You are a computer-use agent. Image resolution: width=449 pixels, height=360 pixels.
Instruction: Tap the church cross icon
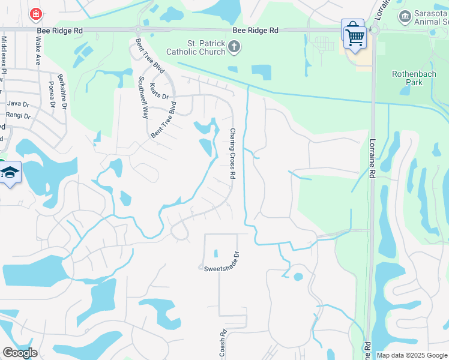pyautogui.click(x=234, y=47)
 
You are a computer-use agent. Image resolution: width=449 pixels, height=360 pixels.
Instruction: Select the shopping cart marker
pyautogui.click(x=355, y=37)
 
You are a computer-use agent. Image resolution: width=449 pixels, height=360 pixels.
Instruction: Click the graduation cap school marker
pyautogui.click(x=10, y=173)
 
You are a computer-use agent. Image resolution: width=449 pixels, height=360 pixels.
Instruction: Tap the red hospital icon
pyautogui.click(x=35, y=13)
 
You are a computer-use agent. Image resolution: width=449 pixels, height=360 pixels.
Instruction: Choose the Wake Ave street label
pyautogui.click(x=38, y=50)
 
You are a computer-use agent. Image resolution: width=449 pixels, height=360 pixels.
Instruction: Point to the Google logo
pyautogui.click(x=20, y=353)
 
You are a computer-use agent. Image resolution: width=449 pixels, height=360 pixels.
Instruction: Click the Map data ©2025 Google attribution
pyautogui.click(x=411, y=355)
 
